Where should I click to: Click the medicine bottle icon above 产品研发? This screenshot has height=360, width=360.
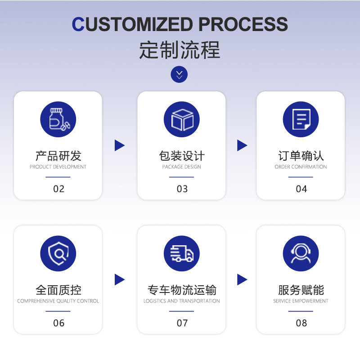pyautogui.click(x=58, y=119)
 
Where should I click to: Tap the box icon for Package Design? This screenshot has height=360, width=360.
pyautogui.click(x=181, y=119)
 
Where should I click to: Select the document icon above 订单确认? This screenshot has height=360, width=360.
pyautogui.click(x=301, y=119)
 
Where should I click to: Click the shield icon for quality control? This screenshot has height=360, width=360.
pyautogui.click(x=58, y=253)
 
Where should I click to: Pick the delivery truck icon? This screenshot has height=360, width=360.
pyautogui.click(x=181, y=253)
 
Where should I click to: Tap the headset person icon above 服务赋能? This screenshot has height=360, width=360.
pyautogui.click(x=301, y=253)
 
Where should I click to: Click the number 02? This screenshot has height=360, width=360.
pyautogui.click(x=59, y=189)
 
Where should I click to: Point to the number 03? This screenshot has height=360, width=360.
pyautogui.click(x=182, y=189)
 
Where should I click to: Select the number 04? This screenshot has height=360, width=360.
pyautogui.click(x=301, y=189)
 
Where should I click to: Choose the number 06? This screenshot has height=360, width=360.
pyautogui.click(x=59, y=323)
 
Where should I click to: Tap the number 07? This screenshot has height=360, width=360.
pyautogui.click(x=182, y=323)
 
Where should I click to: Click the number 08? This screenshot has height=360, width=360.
pyautogui.click(x=301, y=323)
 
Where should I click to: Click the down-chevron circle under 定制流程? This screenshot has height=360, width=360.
pyautogui.click(x=179, y=74)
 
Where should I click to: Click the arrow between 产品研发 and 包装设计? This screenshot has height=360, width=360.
pyautogui.click(x=119, y=145)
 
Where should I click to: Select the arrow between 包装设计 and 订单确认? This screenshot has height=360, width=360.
pyautogui.click(x=242, y=145)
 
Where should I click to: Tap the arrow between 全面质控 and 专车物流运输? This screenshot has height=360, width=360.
pyautogui.click(x=119, y=279)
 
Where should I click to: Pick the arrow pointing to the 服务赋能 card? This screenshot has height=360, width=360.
pyautogui.click(x=242, y=279)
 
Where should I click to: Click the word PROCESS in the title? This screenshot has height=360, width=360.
pyautogui.click(x=243, y=24)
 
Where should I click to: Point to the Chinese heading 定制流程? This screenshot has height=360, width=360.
pyautogui.click(x=180, y=50)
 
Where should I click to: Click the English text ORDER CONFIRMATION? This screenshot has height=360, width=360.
pyautogui.click(x=301, y=167)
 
